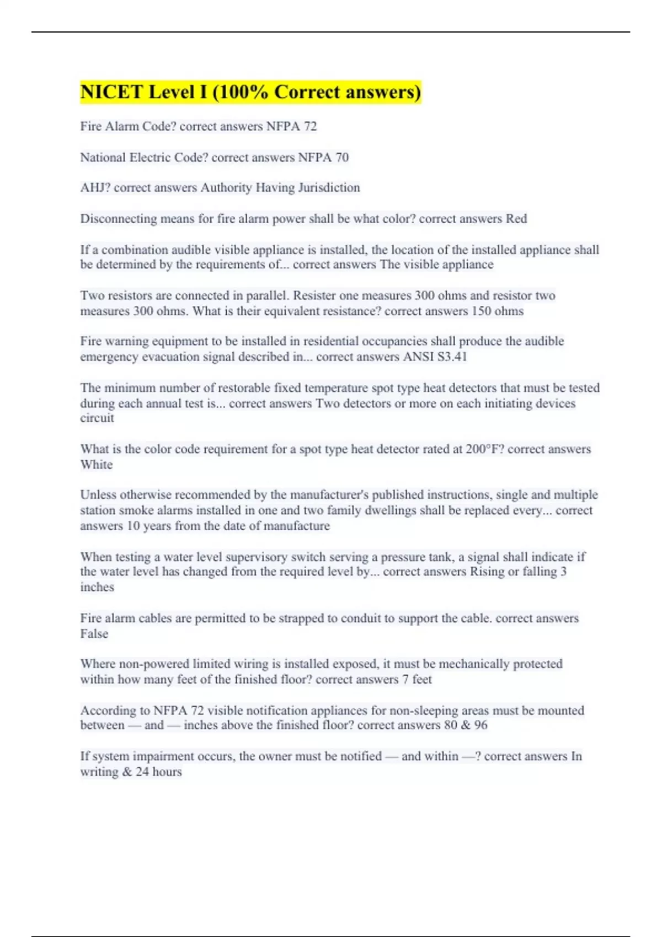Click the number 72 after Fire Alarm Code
coord(310,126)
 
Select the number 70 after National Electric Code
coord(342,158)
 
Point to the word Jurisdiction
coord(329,188)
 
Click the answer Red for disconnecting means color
coord(516,219)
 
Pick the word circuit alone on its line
coord(97,418)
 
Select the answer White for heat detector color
coord(97,465)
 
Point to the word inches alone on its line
coord(97,587)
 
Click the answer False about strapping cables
coord(94,634)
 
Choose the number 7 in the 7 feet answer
coord(405,680)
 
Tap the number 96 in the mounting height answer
coord(481,725)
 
